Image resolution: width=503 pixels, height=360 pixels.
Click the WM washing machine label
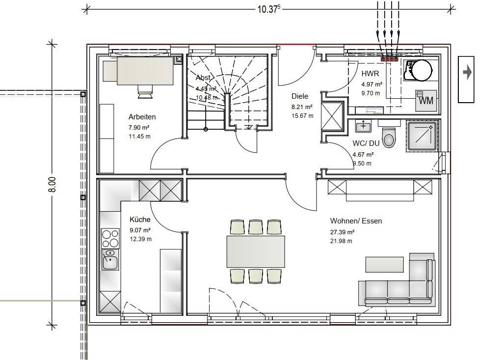(x=426, y=101)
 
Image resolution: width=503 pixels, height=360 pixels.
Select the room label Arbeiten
(x=142, y=117)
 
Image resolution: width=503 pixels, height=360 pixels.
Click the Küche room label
(x=140, y=220)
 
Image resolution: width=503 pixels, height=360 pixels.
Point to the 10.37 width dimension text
(x=269, y=9)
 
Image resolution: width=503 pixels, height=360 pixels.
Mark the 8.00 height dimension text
(x=52, y=185)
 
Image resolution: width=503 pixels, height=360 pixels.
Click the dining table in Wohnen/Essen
(x=256, y=251)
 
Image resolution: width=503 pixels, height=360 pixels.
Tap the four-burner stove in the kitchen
(x=110, y=238)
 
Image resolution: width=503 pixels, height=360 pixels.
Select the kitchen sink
(x=110, y=260)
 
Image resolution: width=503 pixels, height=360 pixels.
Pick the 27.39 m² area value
(x=342, y=232)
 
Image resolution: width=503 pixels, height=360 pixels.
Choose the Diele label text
(x=300, y=96)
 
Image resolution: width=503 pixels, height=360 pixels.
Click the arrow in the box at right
(x=467, y=72)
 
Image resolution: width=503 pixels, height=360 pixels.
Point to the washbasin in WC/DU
(x=363, y=126)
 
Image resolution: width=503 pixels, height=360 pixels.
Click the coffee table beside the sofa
(x=385, y=264)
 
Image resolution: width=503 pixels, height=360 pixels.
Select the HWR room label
(x=370, y=74)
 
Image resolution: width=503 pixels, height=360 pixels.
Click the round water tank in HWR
(x=422, y=70)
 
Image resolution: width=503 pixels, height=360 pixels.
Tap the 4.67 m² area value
(x=363, y=155)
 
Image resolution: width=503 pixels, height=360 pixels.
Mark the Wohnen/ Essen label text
(x=356, y=221)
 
